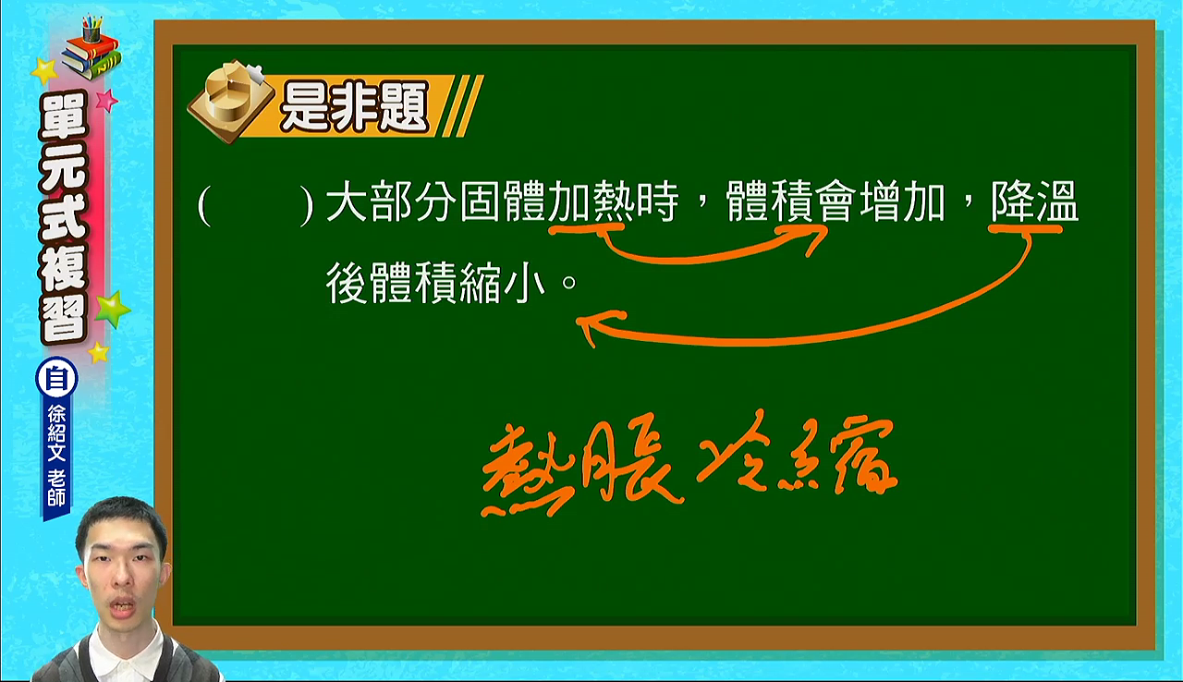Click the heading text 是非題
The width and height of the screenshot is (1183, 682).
[x=354, y=106]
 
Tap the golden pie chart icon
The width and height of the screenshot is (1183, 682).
[x=231, y=102]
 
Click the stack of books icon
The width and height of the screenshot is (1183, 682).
[x=91, y=49]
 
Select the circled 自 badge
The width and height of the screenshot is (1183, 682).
[x=56, y=379]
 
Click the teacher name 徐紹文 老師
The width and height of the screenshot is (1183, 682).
[x=56, y=456]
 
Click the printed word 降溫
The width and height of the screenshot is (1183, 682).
[x=1034, y=202]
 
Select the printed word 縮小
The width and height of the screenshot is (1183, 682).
[x=502, y=284]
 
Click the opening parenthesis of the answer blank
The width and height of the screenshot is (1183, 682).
[x=204, y=205]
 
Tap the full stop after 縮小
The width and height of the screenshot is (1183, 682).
[x=569, y=283]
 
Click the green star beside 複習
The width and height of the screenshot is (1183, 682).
[x=112, y=310]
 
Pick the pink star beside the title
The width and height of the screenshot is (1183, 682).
[x=106, y=100]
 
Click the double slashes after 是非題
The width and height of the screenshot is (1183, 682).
[x=462, y=105]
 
